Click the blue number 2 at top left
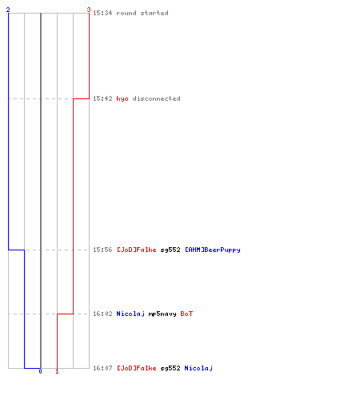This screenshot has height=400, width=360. pos(8,10)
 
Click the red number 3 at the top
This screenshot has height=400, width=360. pos(89,10)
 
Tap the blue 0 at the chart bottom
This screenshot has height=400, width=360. pos(40,371)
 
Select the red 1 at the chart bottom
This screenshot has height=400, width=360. pos(57,371)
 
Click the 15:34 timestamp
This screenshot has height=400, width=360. pos(102,13)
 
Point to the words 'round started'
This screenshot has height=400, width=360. pos(142,13)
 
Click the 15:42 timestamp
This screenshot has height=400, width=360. pos(102,98)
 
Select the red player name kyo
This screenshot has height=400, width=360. pos(122,98)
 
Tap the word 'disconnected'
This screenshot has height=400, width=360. pos(157,98)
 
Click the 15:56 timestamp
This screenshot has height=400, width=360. pos(102,250)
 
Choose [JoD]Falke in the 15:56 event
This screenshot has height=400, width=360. pos(137,250)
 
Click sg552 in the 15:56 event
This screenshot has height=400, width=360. pos(170,250)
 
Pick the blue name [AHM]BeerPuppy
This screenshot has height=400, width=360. pos(213,250)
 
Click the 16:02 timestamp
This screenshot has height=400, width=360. pos(102,314)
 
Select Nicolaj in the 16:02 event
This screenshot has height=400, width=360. pos(130,314)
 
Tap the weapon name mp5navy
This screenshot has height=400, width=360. pos(162,314)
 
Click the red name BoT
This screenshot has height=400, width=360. pos(186,314)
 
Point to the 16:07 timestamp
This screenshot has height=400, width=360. pos(102,368)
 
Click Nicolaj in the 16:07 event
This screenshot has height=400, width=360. pos(198,368)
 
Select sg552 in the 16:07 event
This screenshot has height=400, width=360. pos(170,368)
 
